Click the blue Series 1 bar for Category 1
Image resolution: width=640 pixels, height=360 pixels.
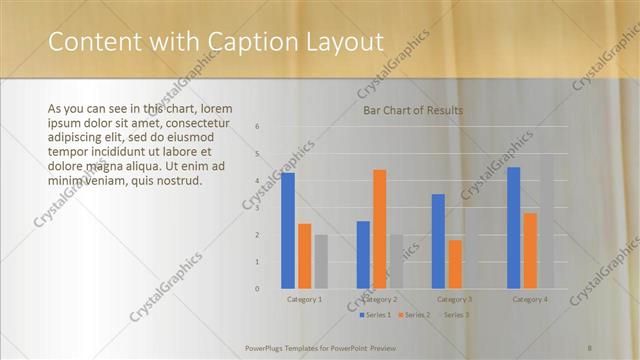pyautogui.click(x=288, y=231)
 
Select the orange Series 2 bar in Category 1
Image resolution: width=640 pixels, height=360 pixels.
pyautogui.click(x=304, y=256)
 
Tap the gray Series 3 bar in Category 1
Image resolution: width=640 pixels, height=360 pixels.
pyautogui.click(x=320, y=262)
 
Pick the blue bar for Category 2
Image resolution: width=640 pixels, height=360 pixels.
pyautogui.click(x=363, y=255)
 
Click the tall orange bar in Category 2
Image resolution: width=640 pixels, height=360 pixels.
pyautogui.click(x=379, y=229)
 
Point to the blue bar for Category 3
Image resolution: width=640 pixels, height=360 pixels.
pyautogui.click(x=438, y=241)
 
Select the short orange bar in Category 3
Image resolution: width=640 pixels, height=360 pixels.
pyautogui.click(x=454, y=264)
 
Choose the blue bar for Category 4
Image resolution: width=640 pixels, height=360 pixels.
pyautogui.click(x=513, y=228)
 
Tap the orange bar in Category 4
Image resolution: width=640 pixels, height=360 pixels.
pyautogui.click(x=529, y=251)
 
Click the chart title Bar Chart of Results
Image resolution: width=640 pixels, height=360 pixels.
pyautogui.click(x=413, y=110)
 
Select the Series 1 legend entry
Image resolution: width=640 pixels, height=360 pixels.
pyautogui.click(x=375, y=315)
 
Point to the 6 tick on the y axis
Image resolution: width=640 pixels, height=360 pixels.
pyautogui.click(x=257, y=127)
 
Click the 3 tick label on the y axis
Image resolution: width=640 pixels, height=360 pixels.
pyautogui.click(x=257, y=208)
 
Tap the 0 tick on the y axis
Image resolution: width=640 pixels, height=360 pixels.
pyautogui.click(x=257, y=289)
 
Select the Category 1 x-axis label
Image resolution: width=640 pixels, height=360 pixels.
pyautogui.click(x=304, y=300)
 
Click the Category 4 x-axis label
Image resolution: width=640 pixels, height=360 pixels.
pyautogui.click(x=529, y=300)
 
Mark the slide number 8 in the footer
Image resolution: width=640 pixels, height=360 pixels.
pyautogui.click(x=590, y=348)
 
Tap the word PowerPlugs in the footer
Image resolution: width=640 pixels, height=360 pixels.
pyautogui.click(x=267, y=348)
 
